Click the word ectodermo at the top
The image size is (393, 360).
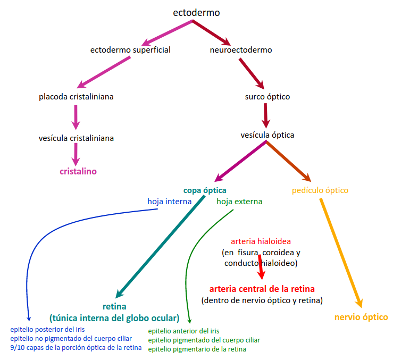pyautogui.click(x=196, y=12)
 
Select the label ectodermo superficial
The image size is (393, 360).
pyautogui.click(x=130, y=50)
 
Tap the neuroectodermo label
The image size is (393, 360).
pyautogui.click(x=241, y=50)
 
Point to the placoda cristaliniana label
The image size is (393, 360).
pyautogui.click(x=76, y=97)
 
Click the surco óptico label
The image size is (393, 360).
pyautogui.click(x=267, y=97)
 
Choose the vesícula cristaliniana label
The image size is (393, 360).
pyautogui.click(x=76, y=138)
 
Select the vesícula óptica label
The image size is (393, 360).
pyautogui.click(x=267, y=135)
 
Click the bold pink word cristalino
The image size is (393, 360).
pyautogui.click(x=78, y=171)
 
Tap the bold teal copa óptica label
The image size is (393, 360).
pyautogui.click(x=205, y=190)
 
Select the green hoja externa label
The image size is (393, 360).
pyautogui.click(x=239, y=202)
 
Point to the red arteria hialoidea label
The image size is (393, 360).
pyautogui.click(x=261, y=241)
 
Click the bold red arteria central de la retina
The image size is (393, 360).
pyautogui.click(x=262, y=289)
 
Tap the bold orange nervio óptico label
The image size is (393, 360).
pyautogui.click(x=361, y=317)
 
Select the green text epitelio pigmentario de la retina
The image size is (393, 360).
pyautogui.click(x=197, y=349)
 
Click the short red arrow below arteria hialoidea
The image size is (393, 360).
pyautogui.click(x=261, y=268)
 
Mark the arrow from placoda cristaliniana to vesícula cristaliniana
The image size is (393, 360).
pyautogui.click(x=76, y=116)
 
